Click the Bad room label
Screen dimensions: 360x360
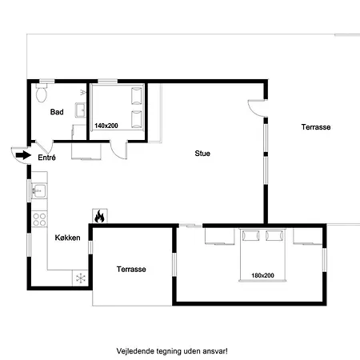[57, 112]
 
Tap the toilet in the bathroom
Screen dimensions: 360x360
[42, 93]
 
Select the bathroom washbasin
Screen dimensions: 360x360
[80, 110]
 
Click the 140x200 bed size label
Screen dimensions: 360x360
[106, 126]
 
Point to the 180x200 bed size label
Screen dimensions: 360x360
[262, 275]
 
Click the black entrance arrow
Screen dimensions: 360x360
[23, 155]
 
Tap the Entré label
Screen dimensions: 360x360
[46, 158]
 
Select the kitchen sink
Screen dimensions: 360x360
[39, 191]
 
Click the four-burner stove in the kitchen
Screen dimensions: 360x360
[39, 219]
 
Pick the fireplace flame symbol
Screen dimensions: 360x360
[99, 216]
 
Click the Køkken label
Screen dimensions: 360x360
[67, 238]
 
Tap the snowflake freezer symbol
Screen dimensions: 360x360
[81, 278]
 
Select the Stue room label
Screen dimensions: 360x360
[202, 154]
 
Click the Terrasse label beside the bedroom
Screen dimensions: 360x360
[131, 269]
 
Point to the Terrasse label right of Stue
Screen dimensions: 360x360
[316, 127]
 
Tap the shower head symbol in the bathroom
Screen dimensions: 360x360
[83, 93]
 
